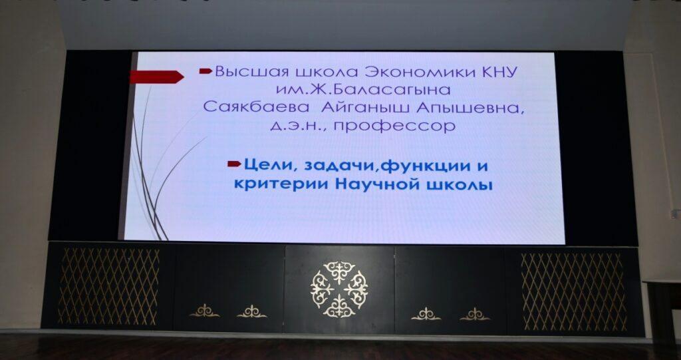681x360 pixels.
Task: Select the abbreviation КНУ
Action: coord(499,72)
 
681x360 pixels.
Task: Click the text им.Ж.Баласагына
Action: coord(363,90)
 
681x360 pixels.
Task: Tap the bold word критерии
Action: coord(282,185)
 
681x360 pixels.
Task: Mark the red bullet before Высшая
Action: coord(205,71)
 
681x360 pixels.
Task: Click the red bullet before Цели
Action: coord(234,164)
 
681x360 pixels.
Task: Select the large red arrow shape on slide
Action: coord(157,77)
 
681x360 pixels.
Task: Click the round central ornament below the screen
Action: coord(339,289)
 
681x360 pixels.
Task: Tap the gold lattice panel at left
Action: coord(109,287)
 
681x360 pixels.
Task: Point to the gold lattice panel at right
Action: coord(573,291)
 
